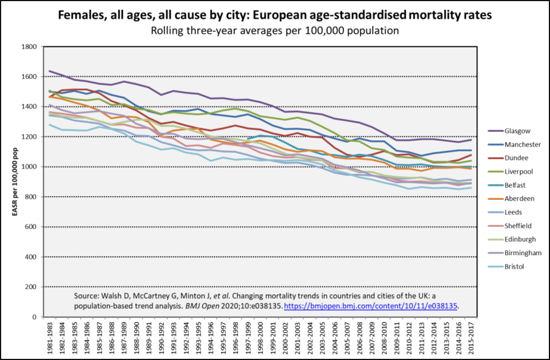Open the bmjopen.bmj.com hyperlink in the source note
[371, 305]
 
